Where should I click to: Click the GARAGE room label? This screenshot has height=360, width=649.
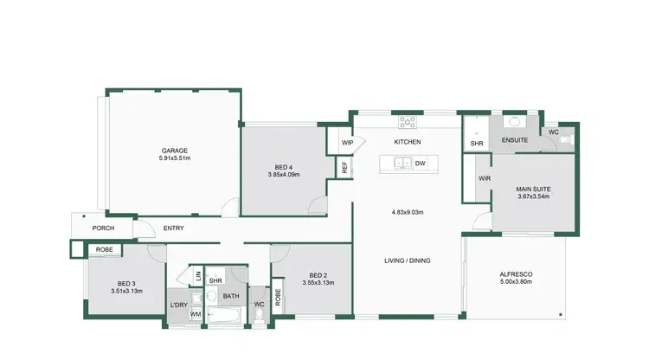click(174, 150)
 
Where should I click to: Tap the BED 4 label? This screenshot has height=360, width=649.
click(284, 166)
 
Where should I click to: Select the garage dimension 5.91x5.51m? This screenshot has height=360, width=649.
click(174, 158)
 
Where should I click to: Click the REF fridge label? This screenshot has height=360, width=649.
click(344, 168)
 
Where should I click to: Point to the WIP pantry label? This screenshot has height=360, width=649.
click(347, 143)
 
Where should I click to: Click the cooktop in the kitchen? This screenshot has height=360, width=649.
click(407, 122)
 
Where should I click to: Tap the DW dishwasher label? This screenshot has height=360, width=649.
click(420, 163)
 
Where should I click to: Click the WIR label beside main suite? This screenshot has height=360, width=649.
click(485, 179)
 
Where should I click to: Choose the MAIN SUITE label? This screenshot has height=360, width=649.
click(534, 189)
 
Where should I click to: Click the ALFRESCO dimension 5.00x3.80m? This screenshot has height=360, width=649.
click(516, 282)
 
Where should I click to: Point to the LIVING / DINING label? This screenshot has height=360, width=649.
click(408, 260)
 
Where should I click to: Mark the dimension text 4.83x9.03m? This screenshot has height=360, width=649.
click(407, 212)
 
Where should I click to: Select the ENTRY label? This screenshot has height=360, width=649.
click(173, 228)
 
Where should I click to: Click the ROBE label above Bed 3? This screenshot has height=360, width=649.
click(104, 250)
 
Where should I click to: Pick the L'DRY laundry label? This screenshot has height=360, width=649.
click(179, 305)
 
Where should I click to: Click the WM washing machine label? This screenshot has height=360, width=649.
click(196, 315)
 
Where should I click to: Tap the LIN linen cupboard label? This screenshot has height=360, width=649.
click(198, 276)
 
